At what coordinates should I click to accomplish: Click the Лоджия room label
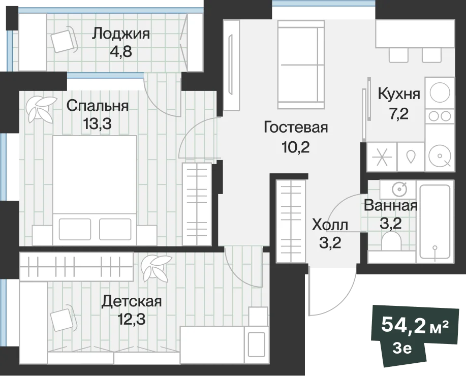pos(120,34)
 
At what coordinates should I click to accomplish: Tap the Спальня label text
pos(98,106)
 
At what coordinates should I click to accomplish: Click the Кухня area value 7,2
pos(399,113)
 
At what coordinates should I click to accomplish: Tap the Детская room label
pos(132,302)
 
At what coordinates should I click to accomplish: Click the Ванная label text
pos(390,206)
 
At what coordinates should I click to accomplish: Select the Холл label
pos(330,225)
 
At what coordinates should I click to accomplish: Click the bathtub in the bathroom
pos(434,221)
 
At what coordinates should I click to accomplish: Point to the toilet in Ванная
pos(391,241)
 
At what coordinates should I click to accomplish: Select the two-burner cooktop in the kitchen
pos(440,116)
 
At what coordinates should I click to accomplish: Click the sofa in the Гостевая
pos(301,65)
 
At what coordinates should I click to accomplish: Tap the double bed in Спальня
pos(95,190)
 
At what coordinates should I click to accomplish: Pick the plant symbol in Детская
pos(154,269)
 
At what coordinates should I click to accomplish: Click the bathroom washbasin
pos(398,189)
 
